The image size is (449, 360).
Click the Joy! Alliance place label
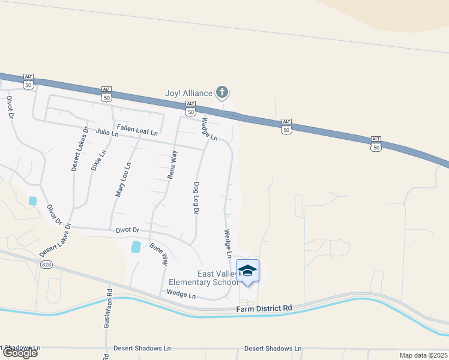tap(189, 93)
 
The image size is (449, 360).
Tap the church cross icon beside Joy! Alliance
tap(222, 92)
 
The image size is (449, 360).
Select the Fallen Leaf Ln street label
tap(137, 128)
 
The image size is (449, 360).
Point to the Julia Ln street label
tap(107, 134)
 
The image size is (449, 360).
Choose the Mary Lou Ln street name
tap(123, 179)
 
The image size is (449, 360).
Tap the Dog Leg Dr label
tap(196, 198)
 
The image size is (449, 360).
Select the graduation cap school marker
tap(247, 271)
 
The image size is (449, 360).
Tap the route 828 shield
tap(46, 264)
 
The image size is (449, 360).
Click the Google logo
tap(19, 353)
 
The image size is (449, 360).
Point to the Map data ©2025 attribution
tap(423, 355)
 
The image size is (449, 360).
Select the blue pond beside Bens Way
tap(136, 247)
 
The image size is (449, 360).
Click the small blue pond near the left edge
tap(32, 201)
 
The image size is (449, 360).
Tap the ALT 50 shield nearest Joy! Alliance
tap(190, 108)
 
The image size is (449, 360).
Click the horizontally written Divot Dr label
tap(127, 230)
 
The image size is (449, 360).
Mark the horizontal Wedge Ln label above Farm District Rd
tap(181, 295)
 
